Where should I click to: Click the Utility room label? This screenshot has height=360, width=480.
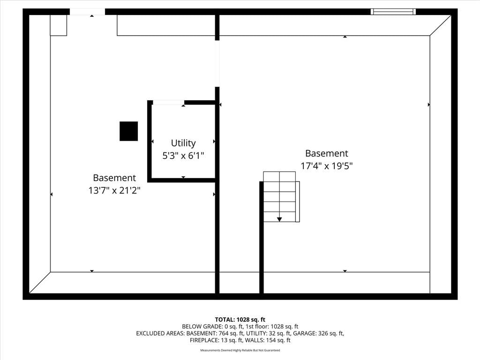coord(183,143)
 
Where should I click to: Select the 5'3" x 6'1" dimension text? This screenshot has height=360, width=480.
coord(183,156)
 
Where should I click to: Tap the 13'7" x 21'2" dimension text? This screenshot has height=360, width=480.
coord(114,190)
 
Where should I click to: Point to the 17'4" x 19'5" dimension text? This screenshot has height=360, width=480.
coord(327,166)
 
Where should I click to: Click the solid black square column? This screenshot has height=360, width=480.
coord(128,131)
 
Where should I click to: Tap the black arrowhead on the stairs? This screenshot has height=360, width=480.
coord(279,219)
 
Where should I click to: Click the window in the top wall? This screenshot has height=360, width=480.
coord(393,12)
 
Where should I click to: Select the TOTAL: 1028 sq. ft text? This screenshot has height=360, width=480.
coord(240,320)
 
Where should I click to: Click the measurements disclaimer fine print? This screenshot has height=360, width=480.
coord(240,350)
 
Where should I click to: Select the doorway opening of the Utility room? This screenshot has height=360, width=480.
coord(168,103)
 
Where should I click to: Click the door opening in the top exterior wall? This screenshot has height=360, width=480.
coord(88,12)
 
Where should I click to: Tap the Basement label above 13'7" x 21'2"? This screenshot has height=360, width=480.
coord(114,178)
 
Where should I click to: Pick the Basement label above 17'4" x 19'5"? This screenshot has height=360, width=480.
coord(327,153)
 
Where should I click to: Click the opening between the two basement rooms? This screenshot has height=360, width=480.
coord(217,64)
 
